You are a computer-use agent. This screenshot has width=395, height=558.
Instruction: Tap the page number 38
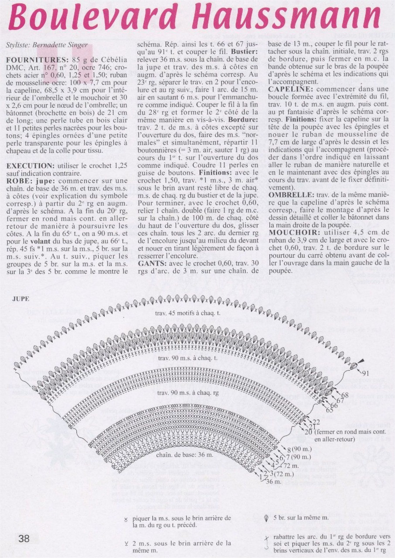click(24, 538)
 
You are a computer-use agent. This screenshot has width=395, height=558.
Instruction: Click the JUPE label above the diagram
click(21, 299)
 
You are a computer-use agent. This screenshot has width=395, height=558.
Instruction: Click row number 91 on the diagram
click(365, 373)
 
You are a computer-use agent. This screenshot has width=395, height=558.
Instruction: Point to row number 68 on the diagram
click(344, 395)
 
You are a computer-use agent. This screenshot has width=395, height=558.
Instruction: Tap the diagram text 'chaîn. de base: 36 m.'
click(185, 455)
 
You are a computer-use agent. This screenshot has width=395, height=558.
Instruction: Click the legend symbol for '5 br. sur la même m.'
click(266, 517)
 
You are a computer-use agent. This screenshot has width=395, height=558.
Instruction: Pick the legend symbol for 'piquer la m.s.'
click(126, 520)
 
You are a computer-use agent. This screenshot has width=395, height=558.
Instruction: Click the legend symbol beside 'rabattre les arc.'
click(266, 541)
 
